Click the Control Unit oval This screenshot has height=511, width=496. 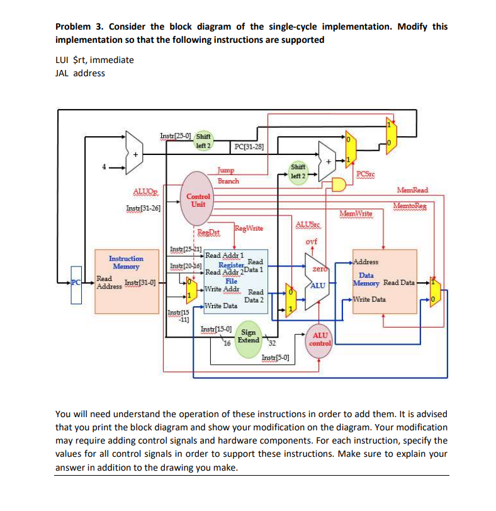tap(198, 200)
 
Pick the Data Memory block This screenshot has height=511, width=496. tap(383, 280)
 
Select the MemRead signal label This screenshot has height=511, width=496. tap(412, 190)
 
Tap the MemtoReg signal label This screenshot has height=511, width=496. tap(413, 206)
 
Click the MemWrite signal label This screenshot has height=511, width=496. tap(356, 214)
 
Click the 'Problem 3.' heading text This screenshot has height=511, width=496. tap(80, 26)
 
